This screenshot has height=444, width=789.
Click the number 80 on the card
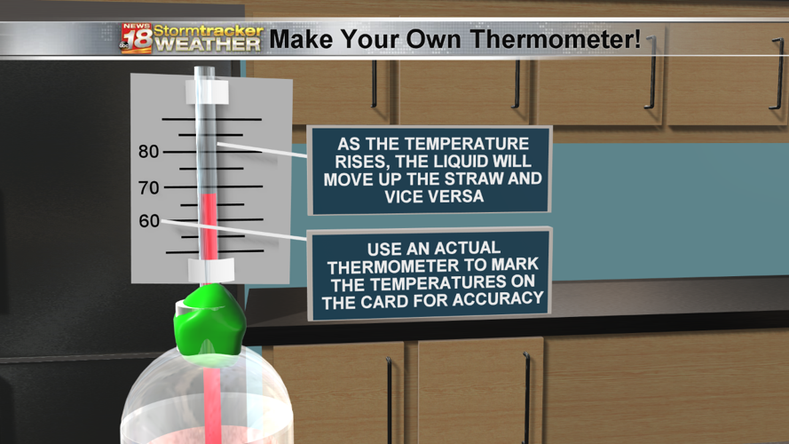click(149, 152)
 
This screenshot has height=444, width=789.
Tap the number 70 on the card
click(149, 188)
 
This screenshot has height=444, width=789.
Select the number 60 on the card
click(149, 221)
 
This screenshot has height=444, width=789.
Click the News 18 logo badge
click(136, 37)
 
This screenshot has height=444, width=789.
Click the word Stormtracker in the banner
click(209, 30)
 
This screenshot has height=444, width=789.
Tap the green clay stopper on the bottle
click(210, 320)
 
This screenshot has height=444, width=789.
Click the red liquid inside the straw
click(209, 226)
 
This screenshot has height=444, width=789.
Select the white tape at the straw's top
click(208, 91)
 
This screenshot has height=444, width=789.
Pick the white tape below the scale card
click(210, 268)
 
